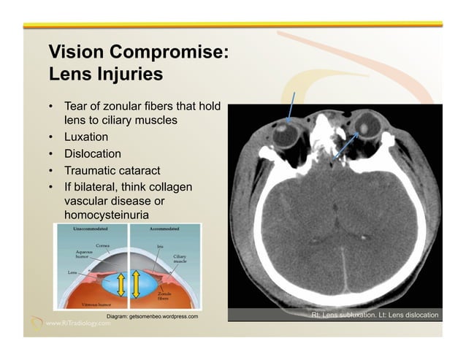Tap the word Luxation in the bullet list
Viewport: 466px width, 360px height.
86,137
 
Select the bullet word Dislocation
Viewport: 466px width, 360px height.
93,154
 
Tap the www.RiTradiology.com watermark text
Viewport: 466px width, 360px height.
80,323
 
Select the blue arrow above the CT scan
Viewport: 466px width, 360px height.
291,107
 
